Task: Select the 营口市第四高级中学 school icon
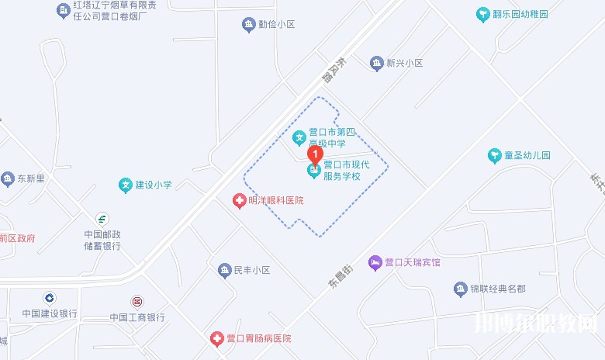(299, 139)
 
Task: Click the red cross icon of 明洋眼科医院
(240, 201)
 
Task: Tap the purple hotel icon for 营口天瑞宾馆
(375, 263)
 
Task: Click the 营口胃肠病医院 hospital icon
(216, 339)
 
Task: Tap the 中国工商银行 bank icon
(137, 301)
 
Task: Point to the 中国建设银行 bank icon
(50, 298)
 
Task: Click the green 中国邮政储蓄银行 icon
(102, 220)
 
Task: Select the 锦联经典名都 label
(497, 289)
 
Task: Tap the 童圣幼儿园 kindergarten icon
(495, 156)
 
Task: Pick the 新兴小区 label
(404, 63)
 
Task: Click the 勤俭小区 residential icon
(248, 25)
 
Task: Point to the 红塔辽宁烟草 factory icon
(63, 9)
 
